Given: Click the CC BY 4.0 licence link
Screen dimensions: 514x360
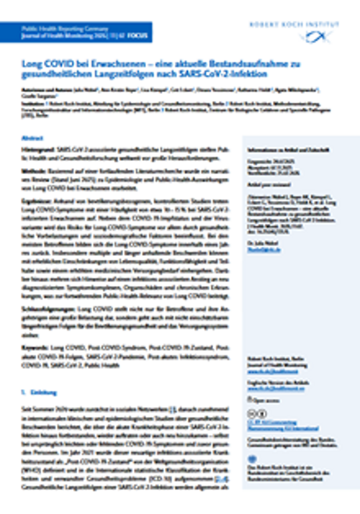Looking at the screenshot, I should (x=273, y=423).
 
